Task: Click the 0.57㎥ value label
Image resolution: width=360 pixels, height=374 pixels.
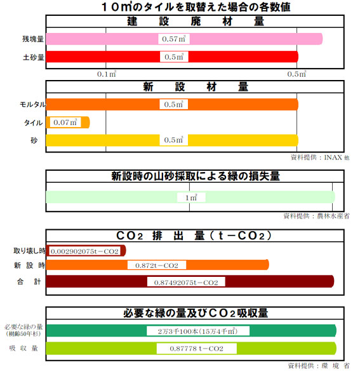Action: [x=174, y=39]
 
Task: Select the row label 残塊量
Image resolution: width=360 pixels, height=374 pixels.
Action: [x=33, y=39]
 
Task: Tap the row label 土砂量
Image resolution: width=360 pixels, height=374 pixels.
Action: [x=34, y=57]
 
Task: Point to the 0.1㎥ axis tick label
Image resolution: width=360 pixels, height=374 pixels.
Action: [x=107, y=74]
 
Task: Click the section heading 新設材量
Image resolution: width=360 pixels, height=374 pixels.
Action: [x=196, y=86]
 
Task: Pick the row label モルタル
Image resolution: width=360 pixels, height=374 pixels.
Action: [x=32, y=105]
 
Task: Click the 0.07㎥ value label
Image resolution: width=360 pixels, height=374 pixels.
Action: [x=65, y=123]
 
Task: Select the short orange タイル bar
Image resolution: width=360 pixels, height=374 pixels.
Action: [x=68, y=123]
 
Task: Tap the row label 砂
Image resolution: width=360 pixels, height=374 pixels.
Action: [x=34, y=140]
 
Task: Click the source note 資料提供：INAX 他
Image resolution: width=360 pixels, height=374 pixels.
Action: [x=320, y=157]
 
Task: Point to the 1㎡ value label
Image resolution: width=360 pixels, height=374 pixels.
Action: [x=191, y=197]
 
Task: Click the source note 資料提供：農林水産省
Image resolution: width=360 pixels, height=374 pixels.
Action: [x=316, y=216]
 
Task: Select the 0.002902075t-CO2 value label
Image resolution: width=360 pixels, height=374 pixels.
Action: [x=84, y=251]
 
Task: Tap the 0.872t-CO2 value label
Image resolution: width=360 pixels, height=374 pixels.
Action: [x=157, y=265]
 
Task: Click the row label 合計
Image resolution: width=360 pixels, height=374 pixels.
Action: [x=29, y=282]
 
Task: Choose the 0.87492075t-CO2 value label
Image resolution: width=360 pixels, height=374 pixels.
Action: [x=186, y=283]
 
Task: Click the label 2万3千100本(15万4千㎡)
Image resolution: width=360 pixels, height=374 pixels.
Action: [x=197, y=331]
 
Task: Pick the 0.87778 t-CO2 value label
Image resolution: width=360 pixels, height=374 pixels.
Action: [x=197, y=349]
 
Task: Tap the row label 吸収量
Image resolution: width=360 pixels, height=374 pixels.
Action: [x=23, y=348]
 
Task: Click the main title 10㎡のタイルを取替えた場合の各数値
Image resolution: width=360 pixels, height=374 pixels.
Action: [x=196, y=7]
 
